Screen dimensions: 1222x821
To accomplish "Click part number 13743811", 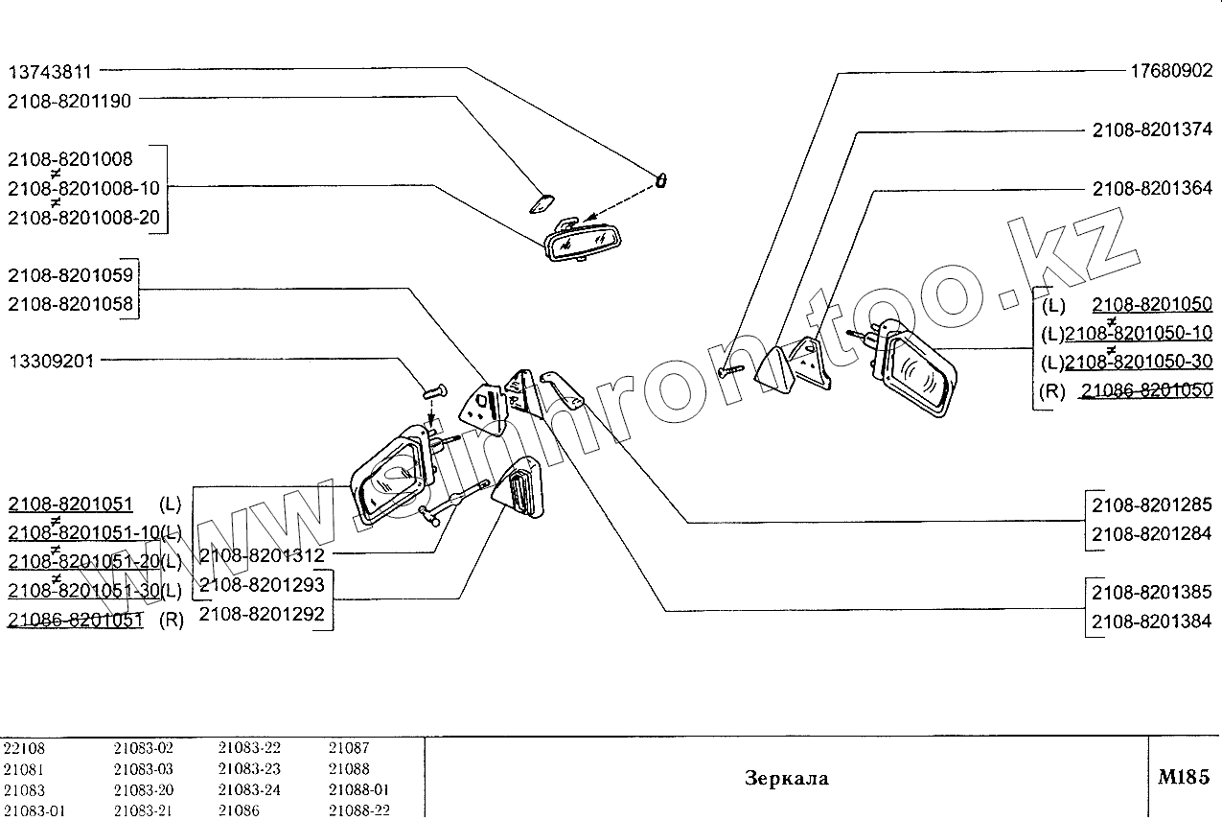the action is tap(50, 71).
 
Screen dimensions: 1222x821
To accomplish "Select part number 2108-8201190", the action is tap(69, 100).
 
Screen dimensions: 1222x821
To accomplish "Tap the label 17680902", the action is tap(1171, 71).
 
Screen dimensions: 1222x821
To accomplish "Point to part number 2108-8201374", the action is tap(1152, 129).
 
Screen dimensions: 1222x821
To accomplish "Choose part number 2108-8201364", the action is tap(1152, 189).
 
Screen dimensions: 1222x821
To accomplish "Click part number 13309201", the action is tap(50, 363).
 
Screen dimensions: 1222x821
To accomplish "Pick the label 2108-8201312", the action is tap(262, 555).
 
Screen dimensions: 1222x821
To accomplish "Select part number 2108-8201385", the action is tap(1152, 592).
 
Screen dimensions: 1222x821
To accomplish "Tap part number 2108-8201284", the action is tap(1152, 533).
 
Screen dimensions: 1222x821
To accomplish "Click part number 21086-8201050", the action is tap(1146, 389).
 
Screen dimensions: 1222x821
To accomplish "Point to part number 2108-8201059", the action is tap(69, 276).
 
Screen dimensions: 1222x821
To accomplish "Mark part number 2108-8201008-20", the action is tap(83, 218).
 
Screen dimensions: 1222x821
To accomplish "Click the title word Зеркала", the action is tap(786, 778).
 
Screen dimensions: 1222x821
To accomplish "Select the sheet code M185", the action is tap(1185, 777).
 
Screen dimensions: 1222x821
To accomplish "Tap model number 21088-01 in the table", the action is tap(358, 790).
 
